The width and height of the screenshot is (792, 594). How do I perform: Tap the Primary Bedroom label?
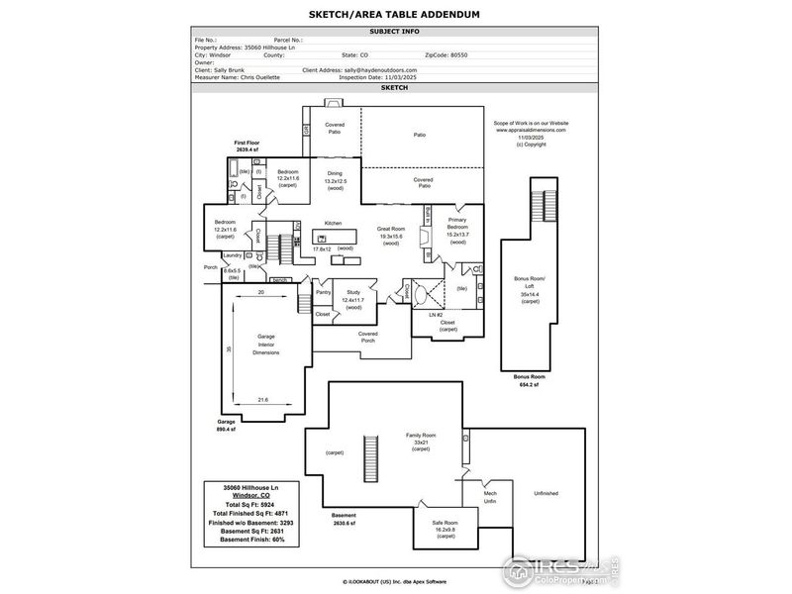tap(457, 223)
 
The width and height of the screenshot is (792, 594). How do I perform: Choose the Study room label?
tap(352, 294)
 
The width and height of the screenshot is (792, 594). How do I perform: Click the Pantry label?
tap(323, 292)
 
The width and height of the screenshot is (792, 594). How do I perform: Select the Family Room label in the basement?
tap(421, 436)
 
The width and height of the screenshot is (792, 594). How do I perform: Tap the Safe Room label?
tap(445, 523)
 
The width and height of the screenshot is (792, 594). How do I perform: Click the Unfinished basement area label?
tap(546, 493)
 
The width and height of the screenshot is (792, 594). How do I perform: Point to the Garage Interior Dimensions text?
tap(266, 345)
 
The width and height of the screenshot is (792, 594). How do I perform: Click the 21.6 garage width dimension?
tap(262, 399)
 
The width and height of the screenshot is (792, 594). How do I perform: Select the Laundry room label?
tap(233, 254)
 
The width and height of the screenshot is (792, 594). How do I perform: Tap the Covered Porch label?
tap(368, 338)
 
